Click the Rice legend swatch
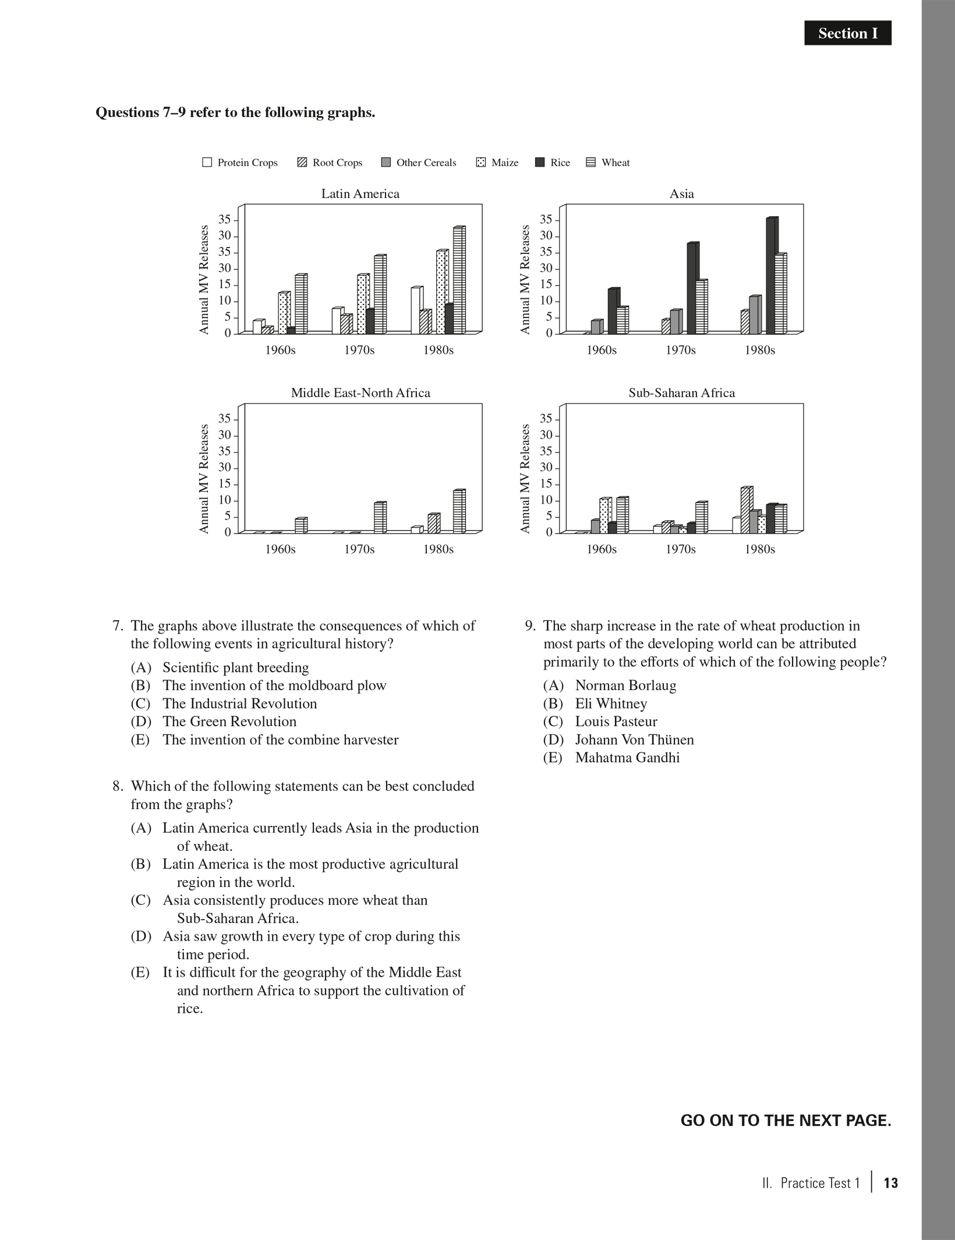(x=540, y=162)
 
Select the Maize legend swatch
(x=481, y=162)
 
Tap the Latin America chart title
(x=360, y=194)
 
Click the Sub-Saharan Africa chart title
(x=681, y=393)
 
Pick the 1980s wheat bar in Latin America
(x=459, y=280)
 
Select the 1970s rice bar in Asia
(x=692, y=288)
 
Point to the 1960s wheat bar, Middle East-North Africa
(x=300, y=525)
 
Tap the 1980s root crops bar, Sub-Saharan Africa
(x=746, y=510)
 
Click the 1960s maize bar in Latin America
(x=284, y=313)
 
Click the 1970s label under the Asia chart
(x=680, y=351)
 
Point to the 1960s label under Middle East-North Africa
(x=280, y=550)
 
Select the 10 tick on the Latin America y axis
(x=225, y=301)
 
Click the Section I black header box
(x=847, y=33)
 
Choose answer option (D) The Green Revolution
(x=229, y=722)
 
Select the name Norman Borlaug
(x=625, y=686)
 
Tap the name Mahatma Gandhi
(x=627, y=758)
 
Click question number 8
(x=118, y=786)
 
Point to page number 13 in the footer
(x=890, y=1183)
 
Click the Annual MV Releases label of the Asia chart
(x=525, y=280)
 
